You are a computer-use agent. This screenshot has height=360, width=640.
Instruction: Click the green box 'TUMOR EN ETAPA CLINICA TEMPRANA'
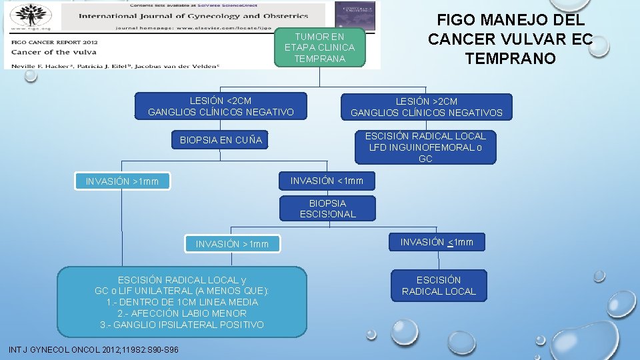(319, 47)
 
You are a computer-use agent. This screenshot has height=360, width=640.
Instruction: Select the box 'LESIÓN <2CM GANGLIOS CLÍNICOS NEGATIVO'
(221, 106)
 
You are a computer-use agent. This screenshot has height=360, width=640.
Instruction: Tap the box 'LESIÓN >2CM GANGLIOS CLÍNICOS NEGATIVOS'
(426, 107)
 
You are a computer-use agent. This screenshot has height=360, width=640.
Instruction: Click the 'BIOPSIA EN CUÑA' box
(221, 140)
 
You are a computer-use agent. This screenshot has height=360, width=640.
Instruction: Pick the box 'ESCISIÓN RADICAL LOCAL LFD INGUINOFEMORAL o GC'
(425, 147)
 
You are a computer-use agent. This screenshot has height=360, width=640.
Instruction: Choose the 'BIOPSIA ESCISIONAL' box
(327, 209)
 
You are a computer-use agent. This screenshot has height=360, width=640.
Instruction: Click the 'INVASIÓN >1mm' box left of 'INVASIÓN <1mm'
(122, 181)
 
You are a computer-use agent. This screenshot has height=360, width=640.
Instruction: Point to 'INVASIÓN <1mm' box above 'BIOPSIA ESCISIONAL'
(327, 180)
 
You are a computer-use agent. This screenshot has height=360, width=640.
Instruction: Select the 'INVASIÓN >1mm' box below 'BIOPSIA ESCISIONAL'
(232, 244)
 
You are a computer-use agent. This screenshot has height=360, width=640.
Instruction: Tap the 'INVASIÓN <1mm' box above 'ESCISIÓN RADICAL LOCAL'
(437, 242)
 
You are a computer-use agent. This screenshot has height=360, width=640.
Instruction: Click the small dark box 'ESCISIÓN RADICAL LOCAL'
(438, 285)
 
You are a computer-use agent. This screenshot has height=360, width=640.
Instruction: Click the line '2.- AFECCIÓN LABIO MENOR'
(182, 313)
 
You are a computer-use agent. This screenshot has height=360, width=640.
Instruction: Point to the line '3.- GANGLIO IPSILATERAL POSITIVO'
(182, 325)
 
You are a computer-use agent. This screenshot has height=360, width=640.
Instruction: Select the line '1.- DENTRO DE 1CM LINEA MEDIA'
(182, 301)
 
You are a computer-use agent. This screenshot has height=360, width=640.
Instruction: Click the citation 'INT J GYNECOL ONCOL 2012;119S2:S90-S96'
(93, 350)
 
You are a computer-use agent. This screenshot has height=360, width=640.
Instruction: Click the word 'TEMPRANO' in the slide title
(510, 59)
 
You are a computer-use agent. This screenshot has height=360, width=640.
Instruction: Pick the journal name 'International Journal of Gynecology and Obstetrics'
(193, 16)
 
